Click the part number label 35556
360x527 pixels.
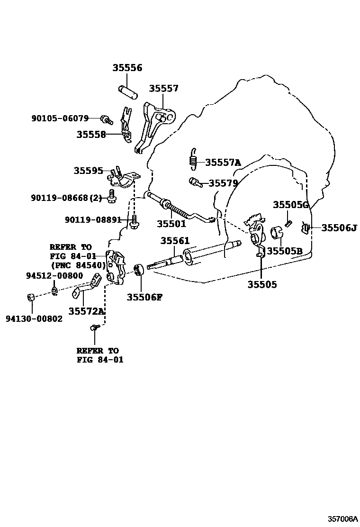[x=127, y=68]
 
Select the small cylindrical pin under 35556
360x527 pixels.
[x=127, y=91]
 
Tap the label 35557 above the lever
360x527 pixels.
[x=164, y=88]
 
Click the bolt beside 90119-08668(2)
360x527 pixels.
[x=111, y=196]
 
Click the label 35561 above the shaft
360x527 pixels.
[x=174, y=241]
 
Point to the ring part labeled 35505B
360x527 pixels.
[x=277, y=233]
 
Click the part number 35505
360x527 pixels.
[x=262, y=284]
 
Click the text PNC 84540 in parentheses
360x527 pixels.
[x=78, y=265]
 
